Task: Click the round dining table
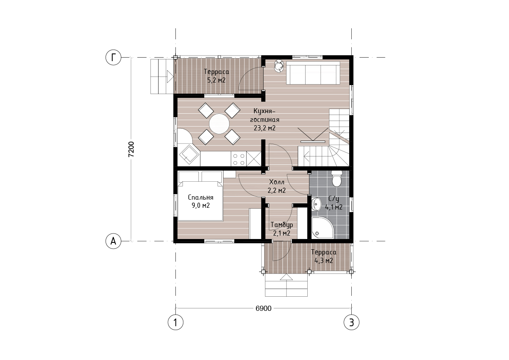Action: (219, 124)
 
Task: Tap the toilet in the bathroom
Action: (337, 179)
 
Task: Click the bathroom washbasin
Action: (316, 205)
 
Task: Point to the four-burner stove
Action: (238, 159)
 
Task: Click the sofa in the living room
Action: (313, 73)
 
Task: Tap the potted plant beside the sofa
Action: (279, 65)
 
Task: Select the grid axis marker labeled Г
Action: (113, 57)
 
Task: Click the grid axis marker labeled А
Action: (113, 241)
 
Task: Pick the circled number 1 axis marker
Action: (176, 322)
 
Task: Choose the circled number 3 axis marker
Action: (352, 322)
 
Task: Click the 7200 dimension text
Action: (131, 149)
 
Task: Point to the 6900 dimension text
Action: (263, 308)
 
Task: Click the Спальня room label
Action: (200, 198)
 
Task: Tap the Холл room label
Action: (277, 182)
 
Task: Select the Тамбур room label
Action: (282, 224)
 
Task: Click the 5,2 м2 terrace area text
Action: (217, 80)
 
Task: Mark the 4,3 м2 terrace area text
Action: (324, 260)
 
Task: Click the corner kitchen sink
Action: (188, 155)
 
